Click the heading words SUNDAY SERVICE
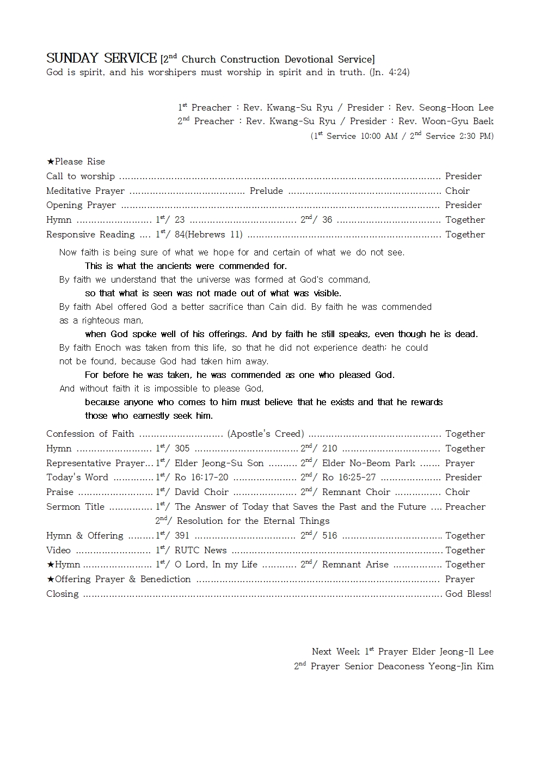(101, 58)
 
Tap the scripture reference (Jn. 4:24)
(389, 72)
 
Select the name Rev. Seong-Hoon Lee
(444, 108)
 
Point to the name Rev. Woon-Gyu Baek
(446, 121)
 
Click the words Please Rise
(79, 162)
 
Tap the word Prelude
(266, 191)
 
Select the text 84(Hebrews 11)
(208, 235)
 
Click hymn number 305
(182, 449)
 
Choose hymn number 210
(329, 449)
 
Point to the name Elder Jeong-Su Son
(219, 463)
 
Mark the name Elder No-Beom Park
(369, 463)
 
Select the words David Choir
(201, 492)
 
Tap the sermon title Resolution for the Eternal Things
(253, 521)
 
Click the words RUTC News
(200, 551)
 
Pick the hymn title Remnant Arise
(355, 565)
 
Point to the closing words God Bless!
(468, 594)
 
